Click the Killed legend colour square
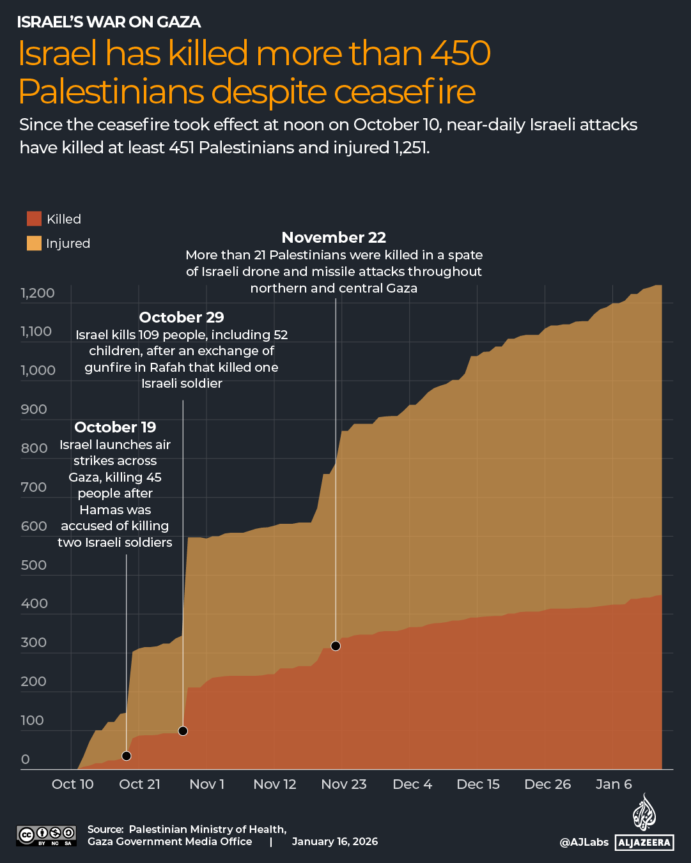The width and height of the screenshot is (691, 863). coord(34,218)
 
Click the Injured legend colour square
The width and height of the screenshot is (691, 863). coord(34,243)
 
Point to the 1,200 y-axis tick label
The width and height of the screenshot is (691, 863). coord(38,293)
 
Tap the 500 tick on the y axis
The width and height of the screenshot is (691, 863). coord(34,565)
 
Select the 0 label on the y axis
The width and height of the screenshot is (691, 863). coord(26,760)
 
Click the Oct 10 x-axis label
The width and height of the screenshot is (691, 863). coord(72,784)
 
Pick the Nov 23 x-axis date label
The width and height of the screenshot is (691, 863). coord(344,784)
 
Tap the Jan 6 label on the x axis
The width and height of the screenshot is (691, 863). coord(614,784)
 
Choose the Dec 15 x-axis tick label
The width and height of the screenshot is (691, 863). coord(478,784)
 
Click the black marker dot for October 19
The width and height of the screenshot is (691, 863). coord(127,756)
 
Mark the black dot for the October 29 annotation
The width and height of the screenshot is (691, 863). coord(183,731)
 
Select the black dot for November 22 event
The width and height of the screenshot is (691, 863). coord(336,646)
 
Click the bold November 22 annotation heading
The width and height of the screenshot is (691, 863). coord(334,238)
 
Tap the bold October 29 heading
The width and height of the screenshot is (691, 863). coord(182,317)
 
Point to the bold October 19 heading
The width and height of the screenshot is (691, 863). coord(115,427)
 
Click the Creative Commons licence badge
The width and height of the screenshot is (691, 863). coord(46,835)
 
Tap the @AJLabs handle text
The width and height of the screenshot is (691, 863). coord(584,842)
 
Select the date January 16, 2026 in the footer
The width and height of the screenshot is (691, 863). coord(335,841)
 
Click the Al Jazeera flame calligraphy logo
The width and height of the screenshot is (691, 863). coord(644,813)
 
